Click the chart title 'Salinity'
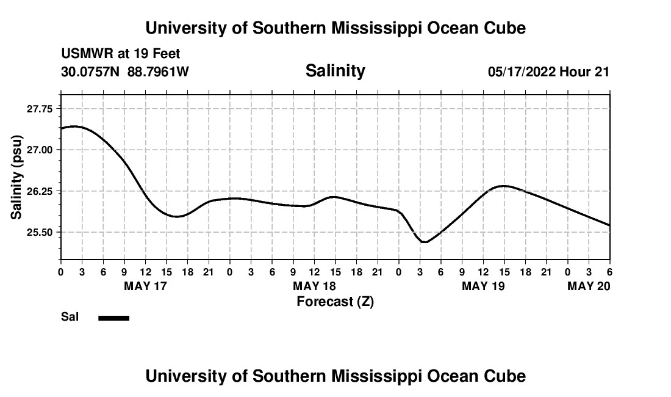pyautogui.click(x=335, y=71)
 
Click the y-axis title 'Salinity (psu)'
pyautogui.click(x=16, y=177)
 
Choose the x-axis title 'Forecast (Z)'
pyautogui.click(x=335, y=301)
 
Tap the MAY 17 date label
pyautogui.click(x=145, y=286)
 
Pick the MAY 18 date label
pyautogui.click(x=314, y=286)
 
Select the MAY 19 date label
pyautogui.click(x=483, y=286)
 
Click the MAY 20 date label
pyautogui.click(x=589, y=286)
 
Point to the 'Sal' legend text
pyautogui.click(x=69, y=317)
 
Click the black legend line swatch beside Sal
pyautogui.click(x=113, y=318)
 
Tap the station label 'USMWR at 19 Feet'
pyautogui.click(x=121, y=54)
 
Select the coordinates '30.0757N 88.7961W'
pyautogui.click(x=125, y=72)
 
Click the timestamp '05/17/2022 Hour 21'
pyautogui.click(x=548, y=72)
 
